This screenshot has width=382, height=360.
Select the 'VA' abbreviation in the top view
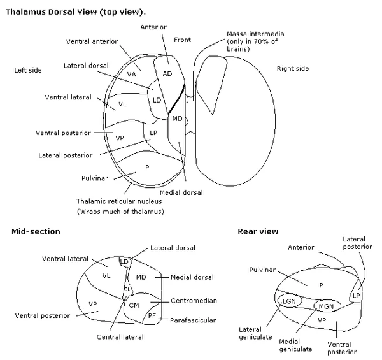click(x=132, y=75)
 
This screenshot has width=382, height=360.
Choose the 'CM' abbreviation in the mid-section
click(x=134, y=305)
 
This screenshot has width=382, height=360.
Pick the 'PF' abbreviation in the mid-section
click(x=152, y=315)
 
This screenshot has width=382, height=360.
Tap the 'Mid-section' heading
click(x=36, y=231)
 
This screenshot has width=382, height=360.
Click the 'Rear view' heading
click(x=258, y=231)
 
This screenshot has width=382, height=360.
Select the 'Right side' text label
click(x=293, y=68)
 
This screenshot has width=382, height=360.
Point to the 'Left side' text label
click(x=28, y=70)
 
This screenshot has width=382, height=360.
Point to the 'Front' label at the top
click(x=183, y=39)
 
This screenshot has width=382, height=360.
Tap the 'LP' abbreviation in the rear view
click(x=356, y=296)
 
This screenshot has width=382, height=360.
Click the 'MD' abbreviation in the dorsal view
click(x=177, y=119)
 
